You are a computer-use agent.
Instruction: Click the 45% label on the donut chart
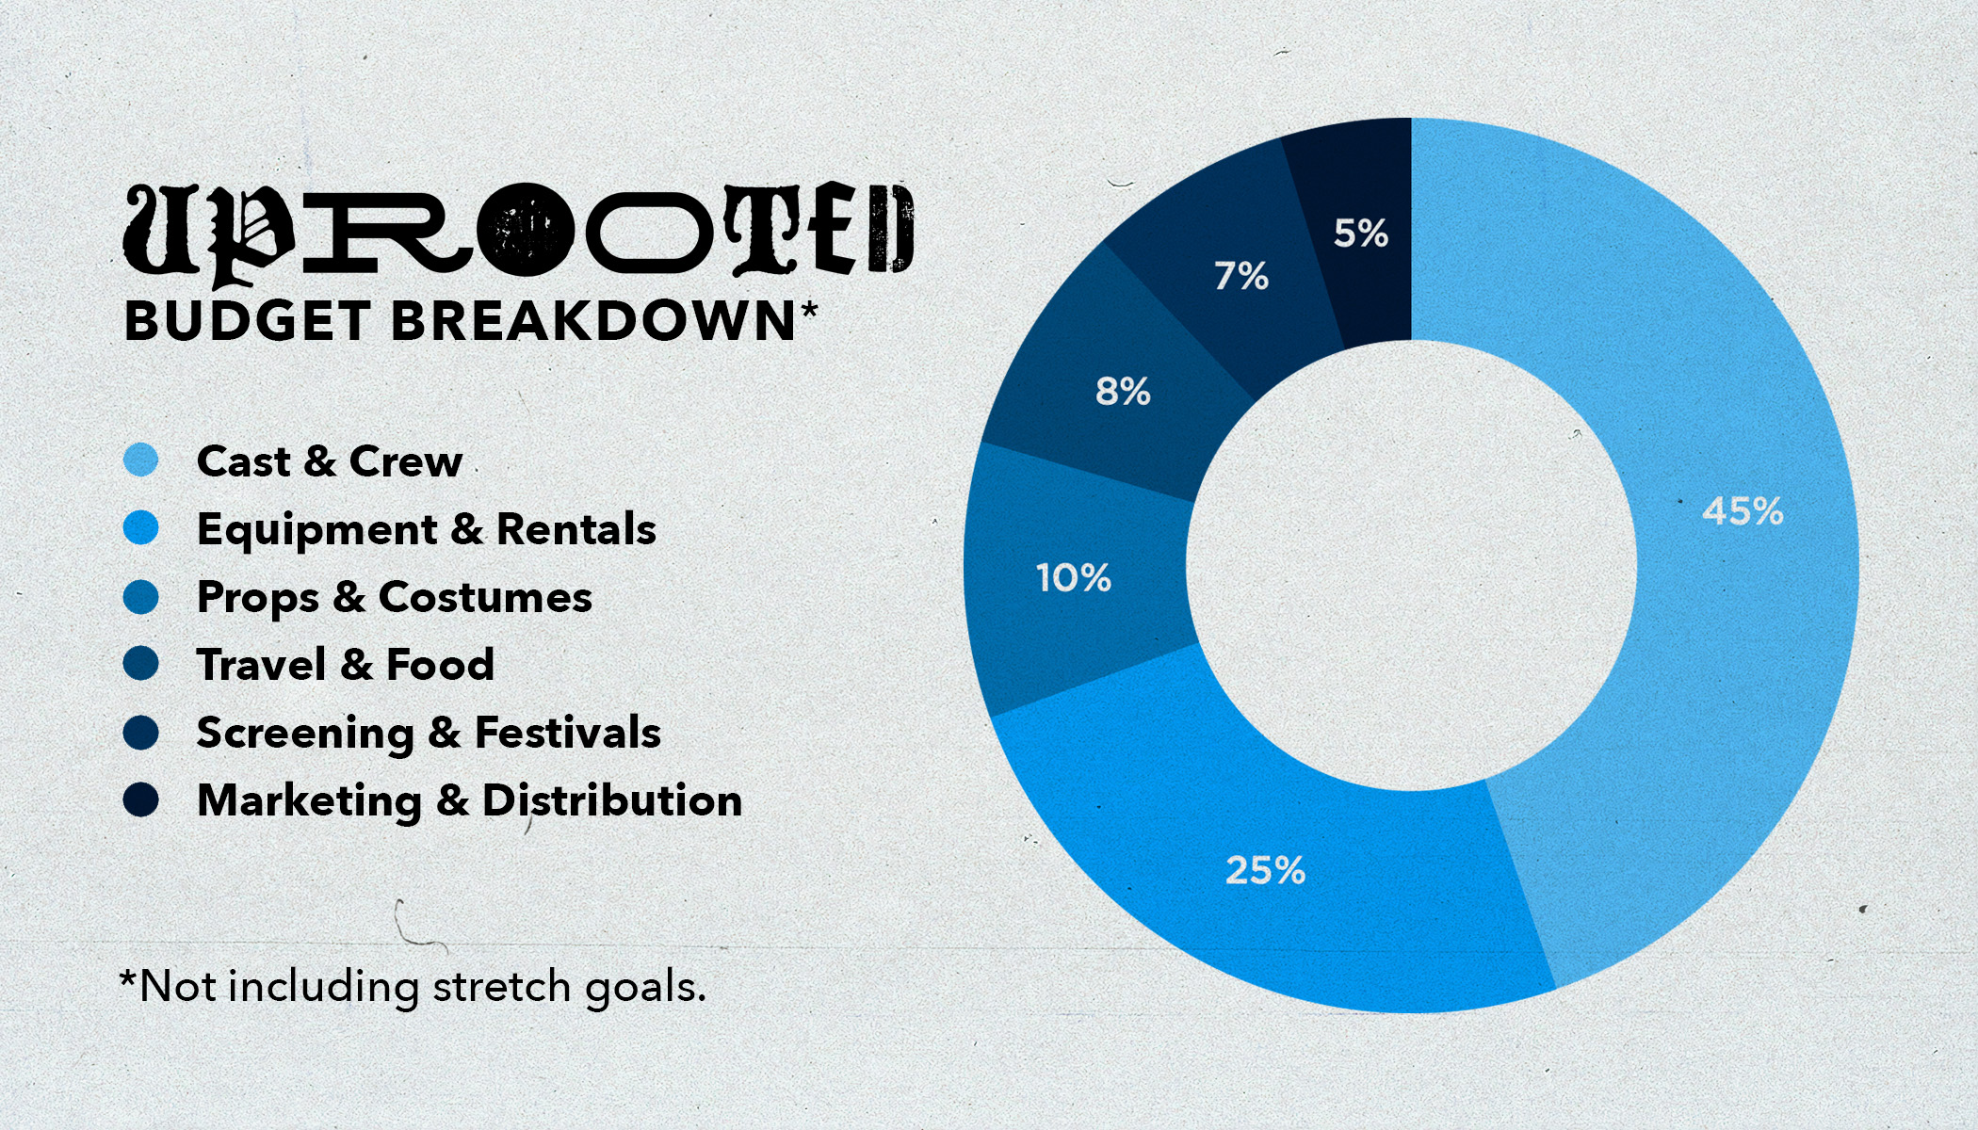tap(1743, 511)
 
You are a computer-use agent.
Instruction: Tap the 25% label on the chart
tap(1265, 870)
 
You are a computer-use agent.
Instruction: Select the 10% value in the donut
tap(1074, 577)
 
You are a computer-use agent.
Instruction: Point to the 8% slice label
tap(1123, 391)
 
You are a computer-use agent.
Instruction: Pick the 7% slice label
tap(1240, 276)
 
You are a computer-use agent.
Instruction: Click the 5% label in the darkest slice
tap(1361, 233)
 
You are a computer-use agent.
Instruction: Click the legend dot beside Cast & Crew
tap(141, 460)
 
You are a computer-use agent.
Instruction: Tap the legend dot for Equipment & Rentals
tap(141, 528)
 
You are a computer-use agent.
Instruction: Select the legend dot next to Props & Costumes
tap(141, 596)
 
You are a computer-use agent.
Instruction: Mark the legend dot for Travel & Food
tap(141, 664)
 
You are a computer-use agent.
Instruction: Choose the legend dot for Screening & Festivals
tap(141, 733)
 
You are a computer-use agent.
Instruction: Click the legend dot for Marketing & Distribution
tap(141, 800)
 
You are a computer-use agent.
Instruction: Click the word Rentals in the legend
tap(576, 529)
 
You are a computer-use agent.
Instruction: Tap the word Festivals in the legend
tap(568, 733)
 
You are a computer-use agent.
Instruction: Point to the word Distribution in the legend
tap(612, 800)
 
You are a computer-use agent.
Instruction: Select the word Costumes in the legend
tap(485, 597)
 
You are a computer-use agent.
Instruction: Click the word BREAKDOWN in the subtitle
tap(593, 321)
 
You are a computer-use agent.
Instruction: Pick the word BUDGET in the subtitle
tap(247, 321)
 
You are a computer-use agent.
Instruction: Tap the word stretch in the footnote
tap(502, 987)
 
